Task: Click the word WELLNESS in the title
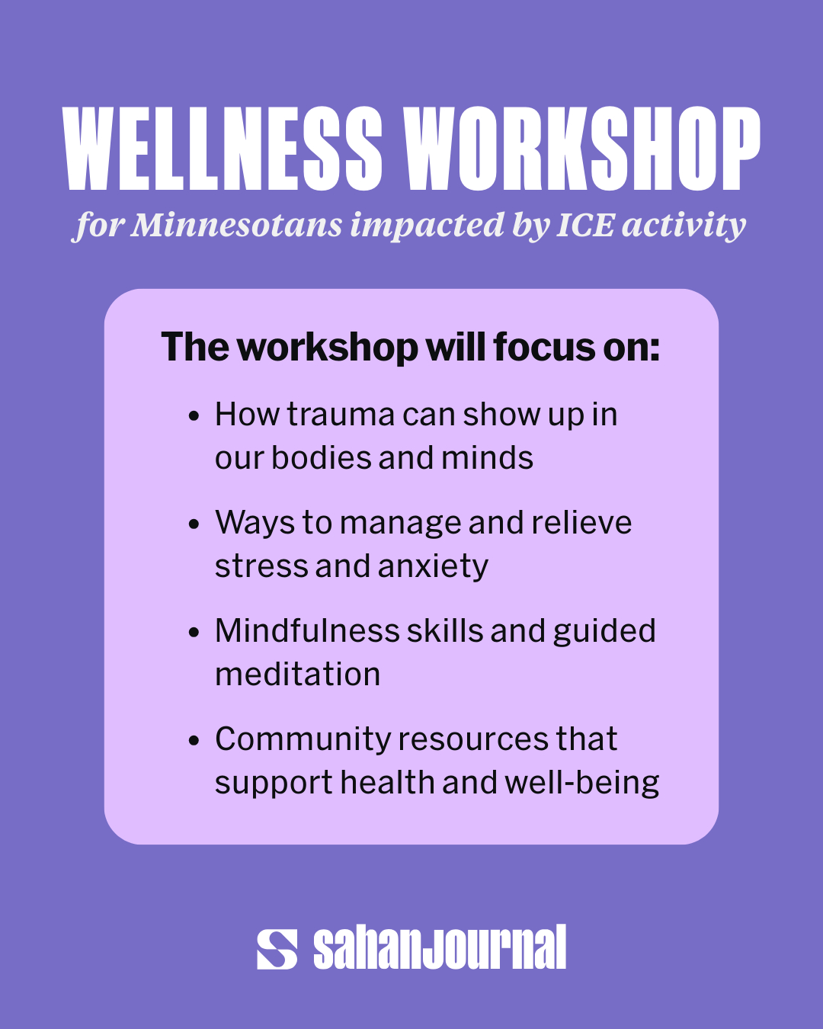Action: (x=223, y=148)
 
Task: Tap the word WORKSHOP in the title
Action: (x=581, y=148)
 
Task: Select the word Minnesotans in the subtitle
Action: (x=237, y=224)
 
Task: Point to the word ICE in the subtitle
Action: (x=585, y=224)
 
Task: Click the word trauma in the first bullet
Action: (x=341, y=414)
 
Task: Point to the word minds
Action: (x=487, y=457)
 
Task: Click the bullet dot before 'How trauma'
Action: (x=194, y=415)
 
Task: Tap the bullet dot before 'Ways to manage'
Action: (x=194, y=524)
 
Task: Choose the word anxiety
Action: (x=433, y=567)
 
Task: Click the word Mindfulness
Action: (x=307, y=630)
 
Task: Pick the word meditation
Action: (x=297, y=675)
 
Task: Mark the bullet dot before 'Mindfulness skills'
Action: (x=194, y=632)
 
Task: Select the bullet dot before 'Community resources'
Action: (x=194, y=741)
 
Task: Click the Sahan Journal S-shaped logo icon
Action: (x=277, y=950)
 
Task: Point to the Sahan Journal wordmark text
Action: (x=440, y=947)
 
